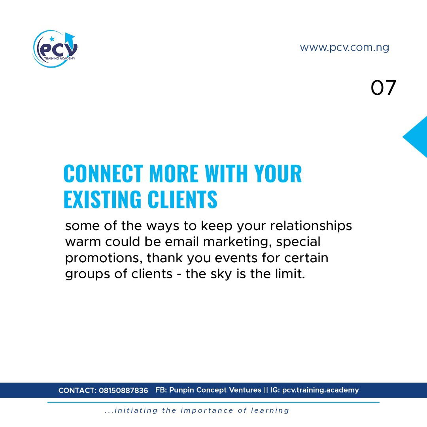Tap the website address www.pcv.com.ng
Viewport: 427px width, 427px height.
[x=344, y=48]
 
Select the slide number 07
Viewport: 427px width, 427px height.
[x=383, y=88]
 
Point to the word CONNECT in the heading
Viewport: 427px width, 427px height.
[x=103, y=173]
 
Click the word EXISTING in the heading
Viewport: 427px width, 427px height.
[x=102, y=199]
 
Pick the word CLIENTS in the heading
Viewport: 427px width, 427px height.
[x=182, y=199]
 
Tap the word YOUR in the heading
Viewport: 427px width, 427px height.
[x=278, y=173]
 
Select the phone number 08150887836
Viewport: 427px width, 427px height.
[x=123, y=391]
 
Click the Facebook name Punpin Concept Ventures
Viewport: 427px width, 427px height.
[x=215, y=390]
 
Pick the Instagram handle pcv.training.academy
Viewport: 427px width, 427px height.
[x=321, y=390]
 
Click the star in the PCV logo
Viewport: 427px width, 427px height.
[x=52, y=39]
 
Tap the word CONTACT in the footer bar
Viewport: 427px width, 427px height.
[x=77, y=391]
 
